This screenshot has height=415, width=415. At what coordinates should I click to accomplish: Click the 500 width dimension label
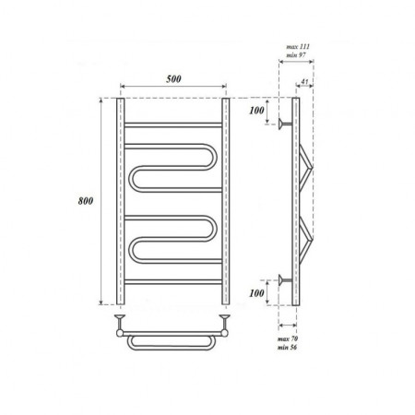click(x=173, y=78)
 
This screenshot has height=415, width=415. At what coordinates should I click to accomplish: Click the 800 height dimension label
click(x=86, y=201)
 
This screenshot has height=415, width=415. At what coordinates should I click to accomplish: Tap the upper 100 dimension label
click(x=256, y=111)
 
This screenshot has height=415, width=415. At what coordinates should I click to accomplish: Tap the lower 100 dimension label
click(x=256, y=293)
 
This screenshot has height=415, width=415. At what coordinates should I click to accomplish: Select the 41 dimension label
click(x=304, y=82)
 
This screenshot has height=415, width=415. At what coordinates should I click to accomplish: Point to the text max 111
click(x=298, y=47)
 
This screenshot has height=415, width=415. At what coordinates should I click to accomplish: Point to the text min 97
click(x=296, y=55)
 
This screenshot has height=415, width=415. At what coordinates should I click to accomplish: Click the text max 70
click(x=288, y=339)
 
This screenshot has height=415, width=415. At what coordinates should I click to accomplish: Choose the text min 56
click(x=287, y=348)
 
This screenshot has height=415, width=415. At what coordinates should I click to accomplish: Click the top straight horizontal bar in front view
click(x=173, y=125)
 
